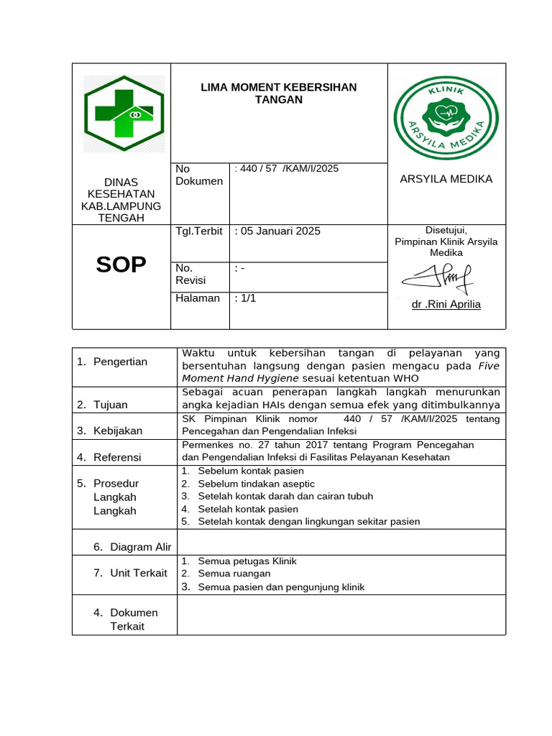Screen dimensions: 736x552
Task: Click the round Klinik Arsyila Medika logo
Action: [446, 118]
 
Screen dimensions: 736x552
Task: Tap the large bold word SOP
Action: [121, 265]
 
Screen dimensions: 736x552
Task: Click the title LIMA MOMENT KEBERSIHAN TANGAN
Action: [278, 93]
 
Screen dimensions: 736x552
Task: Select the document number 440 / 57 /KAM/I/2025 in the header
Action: [288, 168]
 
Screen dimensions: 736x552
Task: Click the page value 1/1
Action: [246, 298]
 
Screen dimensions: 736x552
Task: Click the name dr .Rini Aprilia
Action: [446, 305]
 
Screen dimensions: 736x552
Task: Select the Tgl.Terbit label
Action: [199, 231]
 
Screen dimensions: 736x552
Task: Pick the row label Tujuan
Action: [110, 405]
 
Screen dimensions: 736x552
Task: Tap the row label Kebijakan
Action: [118, 431]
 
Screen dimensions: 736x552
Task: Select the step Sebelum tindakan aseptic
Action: [256, 484]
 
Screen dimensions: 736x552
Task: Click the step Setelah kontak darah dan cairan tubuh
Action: [285, 496]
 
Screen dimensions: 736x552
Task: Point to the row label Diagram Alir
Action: [140, 547]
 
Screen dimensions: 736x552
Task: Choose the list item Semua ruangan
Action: [234, 574]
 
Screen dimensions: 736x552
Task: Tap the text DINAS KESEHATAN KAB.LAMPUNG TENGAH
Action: [121, 200]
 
